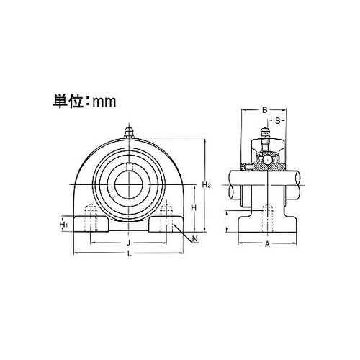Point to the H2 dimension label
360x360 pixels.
click(x=206, y=185)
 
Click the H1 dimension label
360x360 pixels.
click(x=63, y=225)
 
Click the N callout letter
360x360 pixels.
click(x=195, y=238)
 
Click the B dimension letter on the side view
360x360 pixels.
click(x=265, y=110)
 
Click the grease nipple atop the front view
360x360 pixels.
click(x=130, y=132)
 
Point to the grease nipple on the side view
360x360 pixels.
click(x=265, y=135)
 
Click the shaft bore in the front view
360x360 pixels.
click(x=129, y=180)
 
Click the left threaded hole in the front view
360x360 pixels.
click(x=90, y=217)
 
